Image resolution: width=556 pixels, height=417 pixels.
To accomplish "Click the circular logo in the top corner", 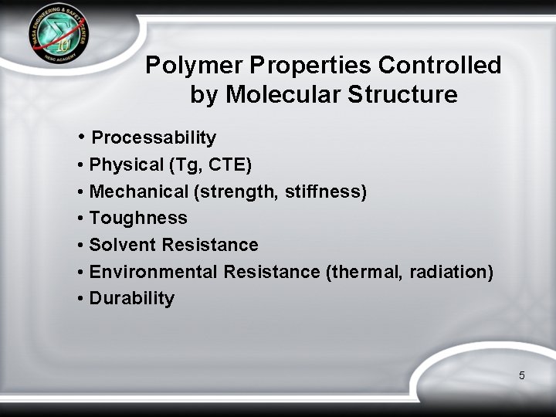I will tap(59, 39).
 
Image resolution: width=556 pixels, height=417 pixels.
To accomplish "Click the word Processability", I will tap(154, 138).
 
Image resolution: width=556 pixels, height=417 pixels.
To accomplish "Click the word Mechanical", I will tap(139, 192).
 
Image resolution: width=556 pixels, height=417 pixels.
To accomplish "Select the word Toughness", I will tap(138, 219).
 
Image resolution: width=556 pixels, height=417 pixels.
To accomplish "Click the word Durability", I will tap(132, 299).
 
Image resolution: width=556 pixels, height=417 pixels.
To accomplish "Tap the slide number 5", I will tap(522, 376).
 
